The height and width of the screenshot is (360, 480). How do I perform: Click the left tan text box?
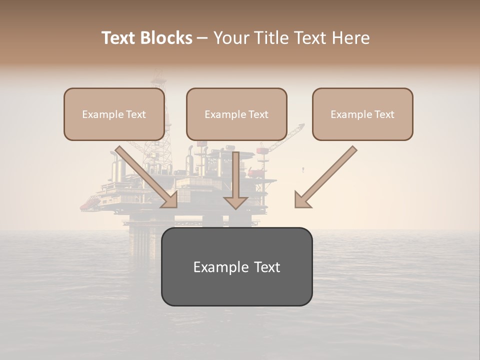114,114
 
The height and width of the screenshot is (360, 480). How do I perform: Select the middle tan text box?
236,114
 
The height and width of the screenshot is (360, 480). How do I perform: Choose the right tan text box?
362,114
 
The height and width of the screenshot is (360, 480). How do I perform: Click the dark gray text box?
236,266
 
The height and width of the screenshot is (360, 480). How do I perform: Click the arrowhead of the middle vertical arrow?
235,202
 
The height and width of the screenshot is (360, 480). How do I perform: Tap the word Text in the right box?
384,114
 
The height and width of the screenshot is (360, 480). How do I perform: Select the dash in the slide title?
202,38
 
